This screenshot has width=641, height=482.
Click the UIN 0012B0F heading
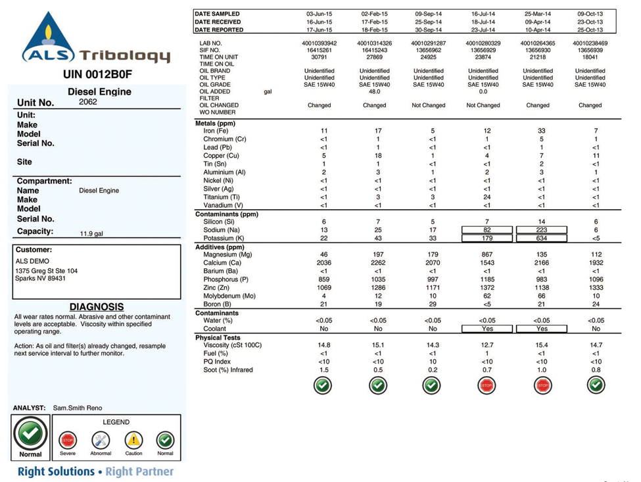click(x=97, y=74)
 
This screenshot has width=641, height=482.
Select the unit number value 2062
click(x=87, y=102)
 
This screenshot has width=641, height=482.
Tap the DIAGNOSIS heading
click(x=96, y=306)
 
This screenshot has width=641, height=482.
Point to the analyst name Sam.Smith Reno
click(x=78, y=408)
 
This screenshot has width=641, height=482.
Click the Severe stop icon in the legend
click(x=68, y=440)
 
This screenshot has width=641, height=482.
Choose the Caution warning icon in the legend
click(x=133, y=440)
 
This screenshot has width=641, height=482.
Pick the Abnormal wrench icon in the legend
click(x=100, y=440)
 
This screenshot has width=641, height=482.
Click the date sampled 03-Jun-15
click(x=320, y=14)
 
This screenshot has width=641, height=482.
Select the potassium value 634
click(x=541, y=238)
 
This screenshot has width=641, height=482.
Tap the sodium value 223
click(x=541, y=230)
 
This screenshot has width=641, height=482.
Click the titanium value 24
click(x=487, y=197)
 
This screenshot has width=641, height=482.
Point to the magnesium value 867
click(x=487, y=254)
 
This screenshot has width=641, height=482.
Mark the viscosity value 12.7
click(x=487, y=345)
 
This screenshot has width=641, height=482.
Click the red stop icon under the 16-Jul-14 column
click(x=487, y=385)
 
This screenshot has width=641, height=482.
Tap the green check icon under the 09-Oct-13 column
click(x=596, y=385)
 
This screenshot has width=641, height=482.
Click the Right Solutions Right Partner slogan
click(x=95, y=471)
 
